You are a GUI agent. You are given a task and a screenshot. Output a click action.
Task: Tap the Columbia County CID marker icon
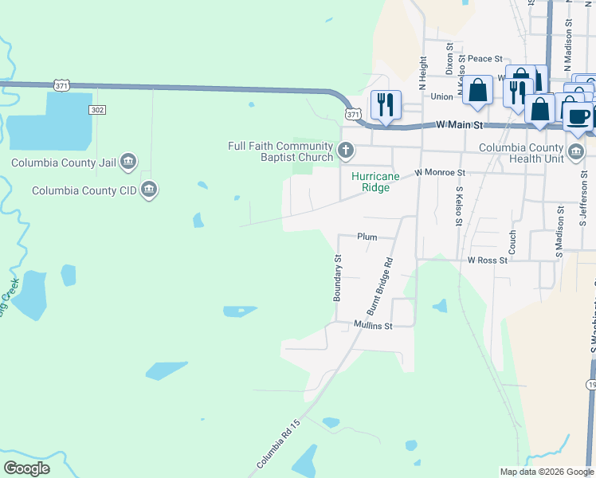(148, 190)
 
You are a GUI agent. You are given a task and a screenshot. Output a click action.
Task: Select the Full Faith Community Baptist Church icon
(346, 149)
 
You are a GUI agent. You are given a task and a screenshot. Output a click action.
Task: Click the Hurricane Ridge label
(371, 182)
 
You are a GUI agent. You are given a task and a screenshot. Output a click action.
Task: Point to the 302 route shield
(97, 109)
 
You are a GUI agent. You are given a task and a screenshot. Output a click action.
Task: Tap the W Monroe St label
(439, 172)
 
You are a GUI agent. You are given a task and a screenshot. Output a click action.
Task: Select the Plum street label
(367, 237)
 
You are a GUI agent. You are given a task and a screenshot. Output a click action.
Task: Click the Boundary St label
(337, 277)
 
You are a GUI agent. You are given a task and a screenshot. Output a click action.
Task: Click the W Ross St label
(488, 261)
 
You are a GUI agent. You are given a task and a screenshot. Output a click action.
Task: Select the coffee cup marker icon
(578, 116)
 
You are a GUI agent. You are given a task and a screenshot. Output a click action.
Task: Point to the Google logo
(26, 468)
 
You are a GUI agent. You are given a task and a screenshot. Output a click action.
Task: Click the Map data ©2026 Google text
(547, 472)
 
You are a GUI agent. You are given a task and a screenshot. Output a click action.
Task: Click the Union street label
(441, 97)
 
